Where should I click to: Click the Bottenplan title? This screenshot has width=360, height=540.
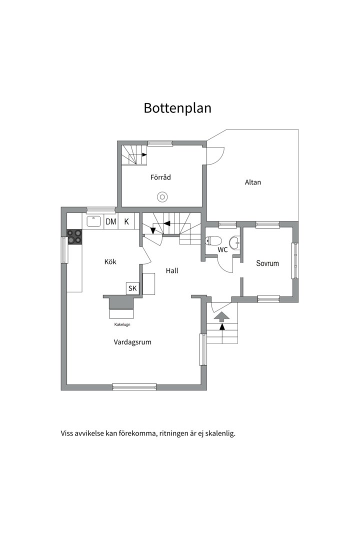(x=177, y=108)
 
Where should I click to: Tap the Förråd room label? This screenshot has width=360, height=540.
(x=161, y=177)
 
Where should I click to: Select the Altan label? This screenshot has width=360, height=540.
(x=252, y=182)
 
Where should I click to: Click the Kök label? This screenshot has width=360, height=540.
(x=110, y=261)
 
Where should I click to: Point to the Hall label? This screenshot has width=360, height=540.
(x=172, y=271)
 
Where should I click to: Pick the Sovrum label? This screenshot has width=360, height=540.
(x=267, y=263)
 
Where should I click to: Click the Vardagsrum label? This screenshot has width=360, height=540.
(x=132, y=342)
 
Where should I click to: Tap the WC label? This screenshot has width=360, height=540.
(x=222, y=249)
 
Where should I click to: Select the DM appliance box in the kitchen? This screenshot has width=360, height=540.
(x=110, y=221)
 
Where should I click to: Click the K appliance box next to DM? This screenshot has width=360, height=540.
(x=126, y=221)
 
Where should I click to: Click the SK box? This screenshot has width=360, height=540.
(x=132, y=288)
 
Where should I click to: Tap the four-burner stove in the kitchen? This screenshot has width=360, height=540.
(x=75, y=236)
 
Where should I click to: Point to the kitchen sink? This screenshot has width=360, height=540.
(x=93, y=221)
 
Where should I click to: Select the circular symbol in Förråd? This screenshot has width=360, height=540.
(x=162, y=197)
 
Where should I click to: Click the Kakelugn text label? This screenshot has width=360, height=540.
(x=122, y=325)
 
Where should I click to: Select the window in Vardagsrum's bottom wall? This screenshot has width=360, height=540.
(x=134, y=386)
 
